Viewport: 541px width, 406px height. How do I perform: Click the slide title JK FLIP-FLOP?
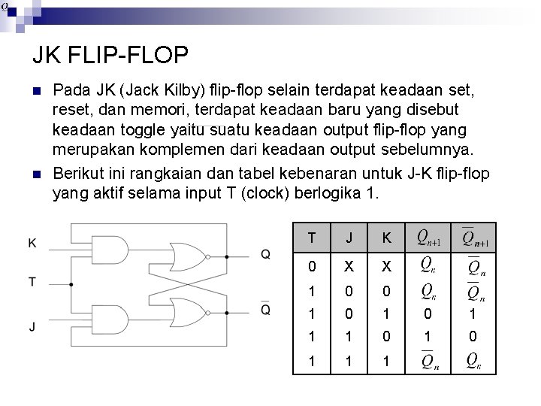(x=110, y=56)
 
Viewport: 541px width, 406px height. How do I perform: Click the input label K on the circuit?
(x=32, y=243)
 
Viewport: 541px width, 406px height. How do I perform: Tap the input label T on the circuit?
(x=32, y=282)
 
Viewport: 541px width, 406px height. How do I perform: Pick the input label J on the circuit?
(x=32, y=326)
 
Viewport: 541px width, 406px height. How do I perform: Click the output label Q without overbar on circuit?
(x=265, y=254)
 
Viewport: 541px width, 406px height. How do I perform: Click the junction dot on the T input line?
(x=71, y=285)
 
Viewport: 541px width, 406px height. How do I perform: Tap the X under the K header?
(x=386, y=266)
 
